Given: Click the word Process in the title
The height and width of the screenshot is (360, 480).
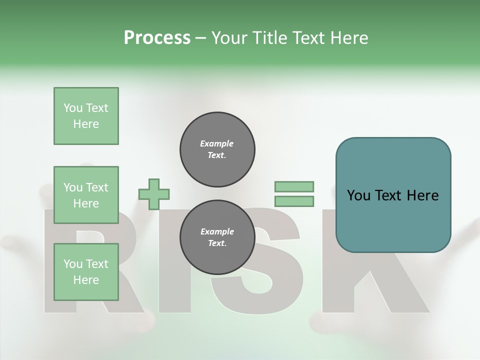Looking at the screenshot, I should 157,38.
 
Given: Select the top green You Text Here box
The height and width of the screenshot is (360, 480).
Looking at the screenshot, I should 86,116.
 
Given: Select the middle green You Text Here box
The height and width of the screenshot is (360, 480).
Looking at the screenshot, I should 86,195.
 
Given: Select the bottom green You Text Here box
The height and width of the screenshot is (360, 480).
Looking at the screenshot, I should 86,272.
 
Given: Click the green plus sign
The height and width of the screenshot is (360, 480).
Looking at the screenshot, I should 154,193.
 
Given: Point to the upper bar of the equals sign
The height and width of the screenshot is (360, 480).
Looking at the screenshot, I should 294,186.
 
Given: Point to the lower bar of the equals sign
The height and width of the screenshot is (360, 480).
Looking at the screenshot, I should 294,201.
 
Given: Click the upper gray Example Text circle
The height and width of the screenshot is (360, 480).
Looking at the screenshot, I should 217,149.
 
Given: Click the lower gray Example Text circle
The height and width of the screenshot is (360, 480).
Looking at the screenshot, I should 217,237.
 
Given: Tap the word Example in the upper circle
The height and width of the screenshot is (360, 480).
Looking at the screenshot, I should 217,143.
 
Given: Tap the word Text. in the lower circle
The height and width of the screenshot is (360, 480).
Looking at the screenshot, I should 217,243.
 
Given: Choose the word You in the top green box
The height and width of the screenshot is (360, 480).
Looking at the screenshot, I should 72,108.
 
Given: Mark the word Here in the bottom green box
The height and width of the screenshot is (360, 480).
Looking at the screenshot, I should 86,280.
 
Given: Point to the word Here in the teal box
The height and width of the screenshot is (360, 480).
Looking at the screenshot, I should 422,195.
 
